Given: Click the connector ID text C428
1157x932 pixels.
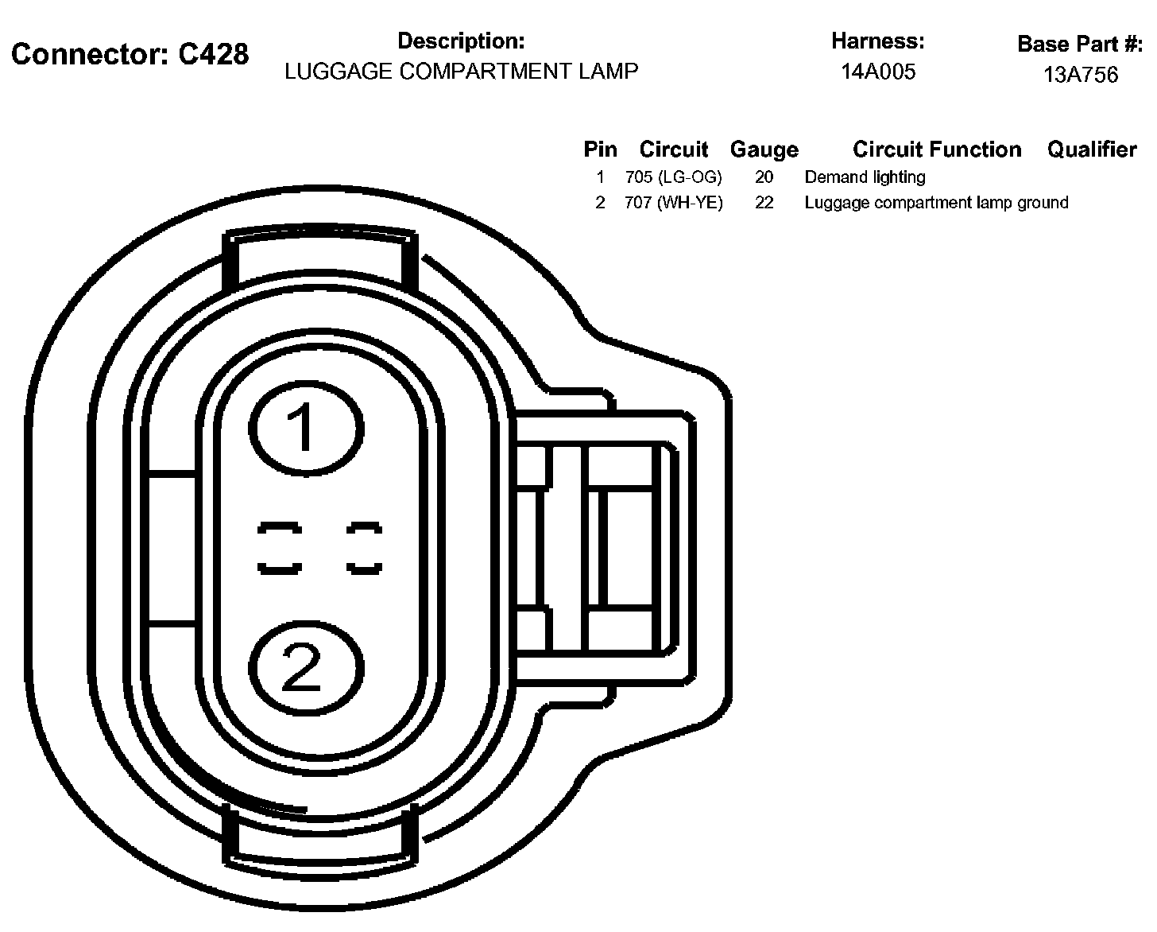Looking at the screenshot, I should coord(213,54).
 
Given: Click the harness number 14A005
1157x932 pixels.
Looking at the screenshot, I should coord(878,72).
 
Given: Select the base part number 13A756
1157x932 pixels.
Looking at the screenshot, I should coord(1080,75).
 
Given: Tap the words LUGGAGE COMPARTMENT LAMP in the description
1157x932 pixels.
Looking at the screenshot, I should coord(461,72).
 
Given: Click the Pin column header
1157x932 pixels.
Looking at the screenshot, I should coord(600,150).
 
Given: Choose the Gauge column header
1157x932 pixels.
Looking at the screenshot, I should coord(764,150).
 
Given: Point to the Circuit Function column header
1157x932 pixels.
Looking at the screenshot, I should coord(937,150).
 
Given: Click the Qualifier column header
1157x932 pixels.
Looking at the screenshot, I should coord(1092,150).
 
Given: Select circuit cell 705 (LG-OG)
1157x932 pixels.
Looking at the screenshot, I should coord(673,177).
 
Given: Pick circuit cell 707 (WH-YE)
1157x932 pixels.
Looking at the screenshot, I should coord(674,203).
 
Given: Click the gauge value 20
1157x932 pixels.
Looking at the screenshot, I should coord(764,177).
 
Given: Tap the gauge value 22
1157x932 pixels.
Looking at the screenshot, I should coord(764,203).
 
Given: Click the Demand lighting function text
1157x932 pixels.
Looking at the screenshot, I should coord(865,177).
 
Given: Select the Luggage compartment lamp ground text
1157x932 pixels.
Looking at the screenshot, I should coord(936,203).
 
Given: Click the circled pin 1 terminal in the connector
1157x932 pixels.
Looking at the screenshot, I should coord(306,428).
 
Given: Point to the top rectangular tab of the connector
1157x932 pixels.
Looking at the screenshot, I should coord(321,259).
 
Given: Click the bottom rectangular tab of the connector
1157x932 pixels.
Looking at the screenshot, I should coord(321,837).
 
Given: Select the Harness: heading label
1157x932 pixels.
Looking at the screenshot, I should coord(878,41).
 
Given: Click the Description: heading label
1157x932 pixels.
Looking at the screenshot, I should coord(461,41).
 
